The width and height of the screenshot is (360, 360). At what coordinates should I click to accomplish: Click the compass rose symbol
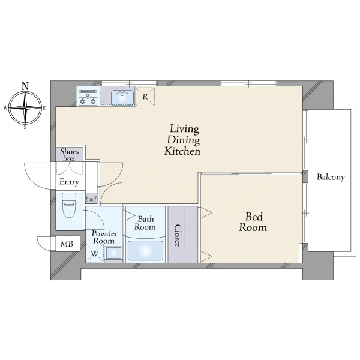[x=25, y=107]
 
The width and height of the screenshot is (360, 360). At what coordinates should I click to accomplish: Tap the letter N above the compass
[x=25, y=86]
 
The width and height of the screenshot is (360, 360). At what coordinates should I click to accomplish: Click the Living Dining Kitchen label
[x=183, y=140]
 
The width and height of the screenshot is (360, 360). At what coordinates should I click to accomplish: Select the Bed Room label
[x=253, y=222]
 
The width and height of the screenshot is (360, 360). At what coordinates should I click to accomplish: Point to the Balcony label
[x=331, y=177]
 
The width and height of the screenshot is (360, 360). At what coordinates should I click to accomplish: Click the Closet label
[x=178, y=235]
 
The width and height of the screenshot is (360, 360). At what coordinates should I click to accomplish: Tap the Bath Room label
[x=145, y=223]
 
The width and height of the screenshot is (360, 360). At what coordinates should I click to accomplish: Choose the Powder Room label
[x=104, y=237]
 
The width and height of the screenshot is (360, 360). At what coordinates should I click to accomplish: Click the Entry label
[x=69, y=182]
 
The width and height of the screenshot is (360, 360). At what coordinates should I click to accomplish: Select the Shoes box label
[x=70, y=155]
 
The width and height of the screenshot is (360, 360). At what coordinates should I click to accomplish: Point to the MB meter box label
[x=67, y=244]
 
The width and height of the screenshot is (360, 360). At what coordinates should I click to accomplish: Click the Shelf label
[x=91, y=199]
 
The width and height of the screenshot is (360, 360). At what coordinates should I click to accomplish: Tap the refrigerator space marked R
[x=145, y=97]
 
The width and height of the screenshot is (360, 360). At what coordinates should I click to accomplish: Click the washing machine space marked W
[x=95, y=253]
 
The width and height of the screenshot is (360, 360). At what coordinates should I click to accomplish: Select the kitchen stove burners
[x=88, y=98]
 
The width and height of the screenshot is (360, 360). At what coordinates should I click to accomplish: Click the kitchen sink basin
[x=122, y=97]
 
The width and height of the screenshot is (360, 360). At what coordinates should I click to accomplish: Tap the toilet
[x=69, y=205]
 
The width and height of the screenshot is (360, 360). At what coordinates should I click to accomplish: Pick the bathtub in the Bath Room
[x=145, y=250]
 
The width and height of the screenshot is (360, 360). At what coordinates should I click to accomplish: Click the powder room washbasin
[x=113, y=253]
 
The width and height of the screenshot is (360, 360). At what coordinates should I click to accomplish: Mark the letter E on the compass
[x=44, y=108]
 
